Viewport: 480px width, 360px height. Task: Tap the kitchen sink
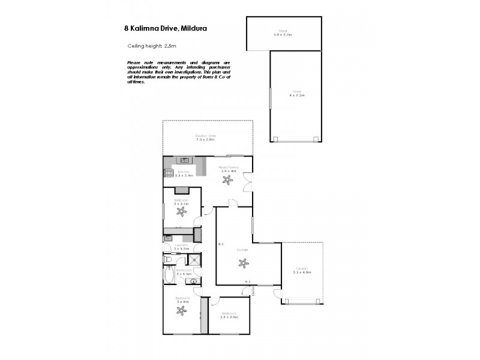185,160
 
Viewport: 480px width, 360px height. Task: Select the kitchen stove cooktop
167,174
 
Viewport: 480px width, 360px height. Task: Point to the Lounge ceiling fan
243,262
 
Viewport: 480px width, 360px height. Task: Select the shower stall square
194,259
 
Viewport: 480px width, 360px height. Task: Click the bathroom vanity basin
193,280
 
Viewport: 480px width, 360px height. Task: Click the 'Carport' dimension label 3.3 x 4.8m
301,271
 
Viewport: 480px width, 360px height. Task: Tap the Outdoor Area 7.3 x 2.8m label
205,137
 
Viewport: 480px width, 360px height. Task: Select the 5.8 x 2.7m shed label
282,34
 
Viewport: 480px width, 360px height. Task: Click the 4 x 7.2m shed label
296,94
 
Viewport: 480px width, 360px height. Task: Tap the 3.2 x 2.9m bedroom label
230,315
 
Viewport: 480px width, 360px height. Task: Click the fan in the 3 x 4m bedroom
181,311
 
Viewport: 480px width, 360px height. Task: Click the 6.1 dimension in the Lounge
221,244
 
